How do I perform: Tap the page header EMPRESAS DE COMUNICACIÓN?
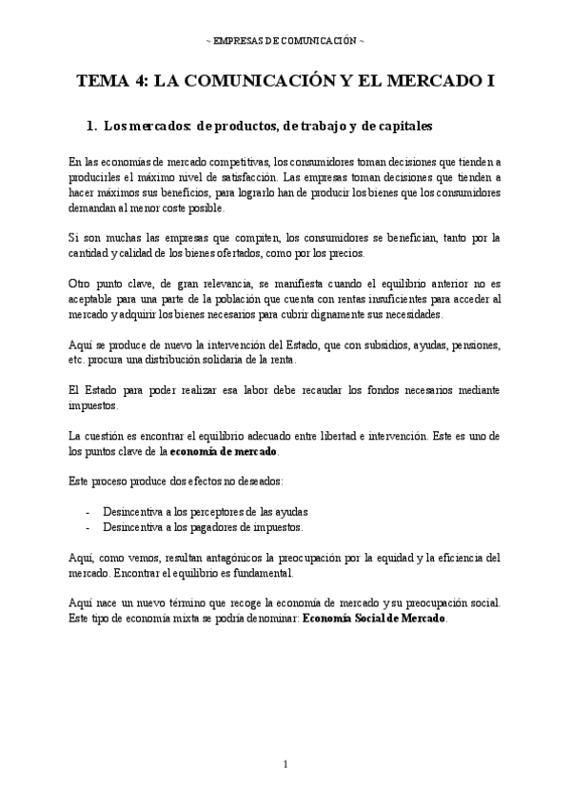(x=285, y=41)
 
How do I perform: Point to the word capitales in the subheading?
(x=401, y=125)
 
